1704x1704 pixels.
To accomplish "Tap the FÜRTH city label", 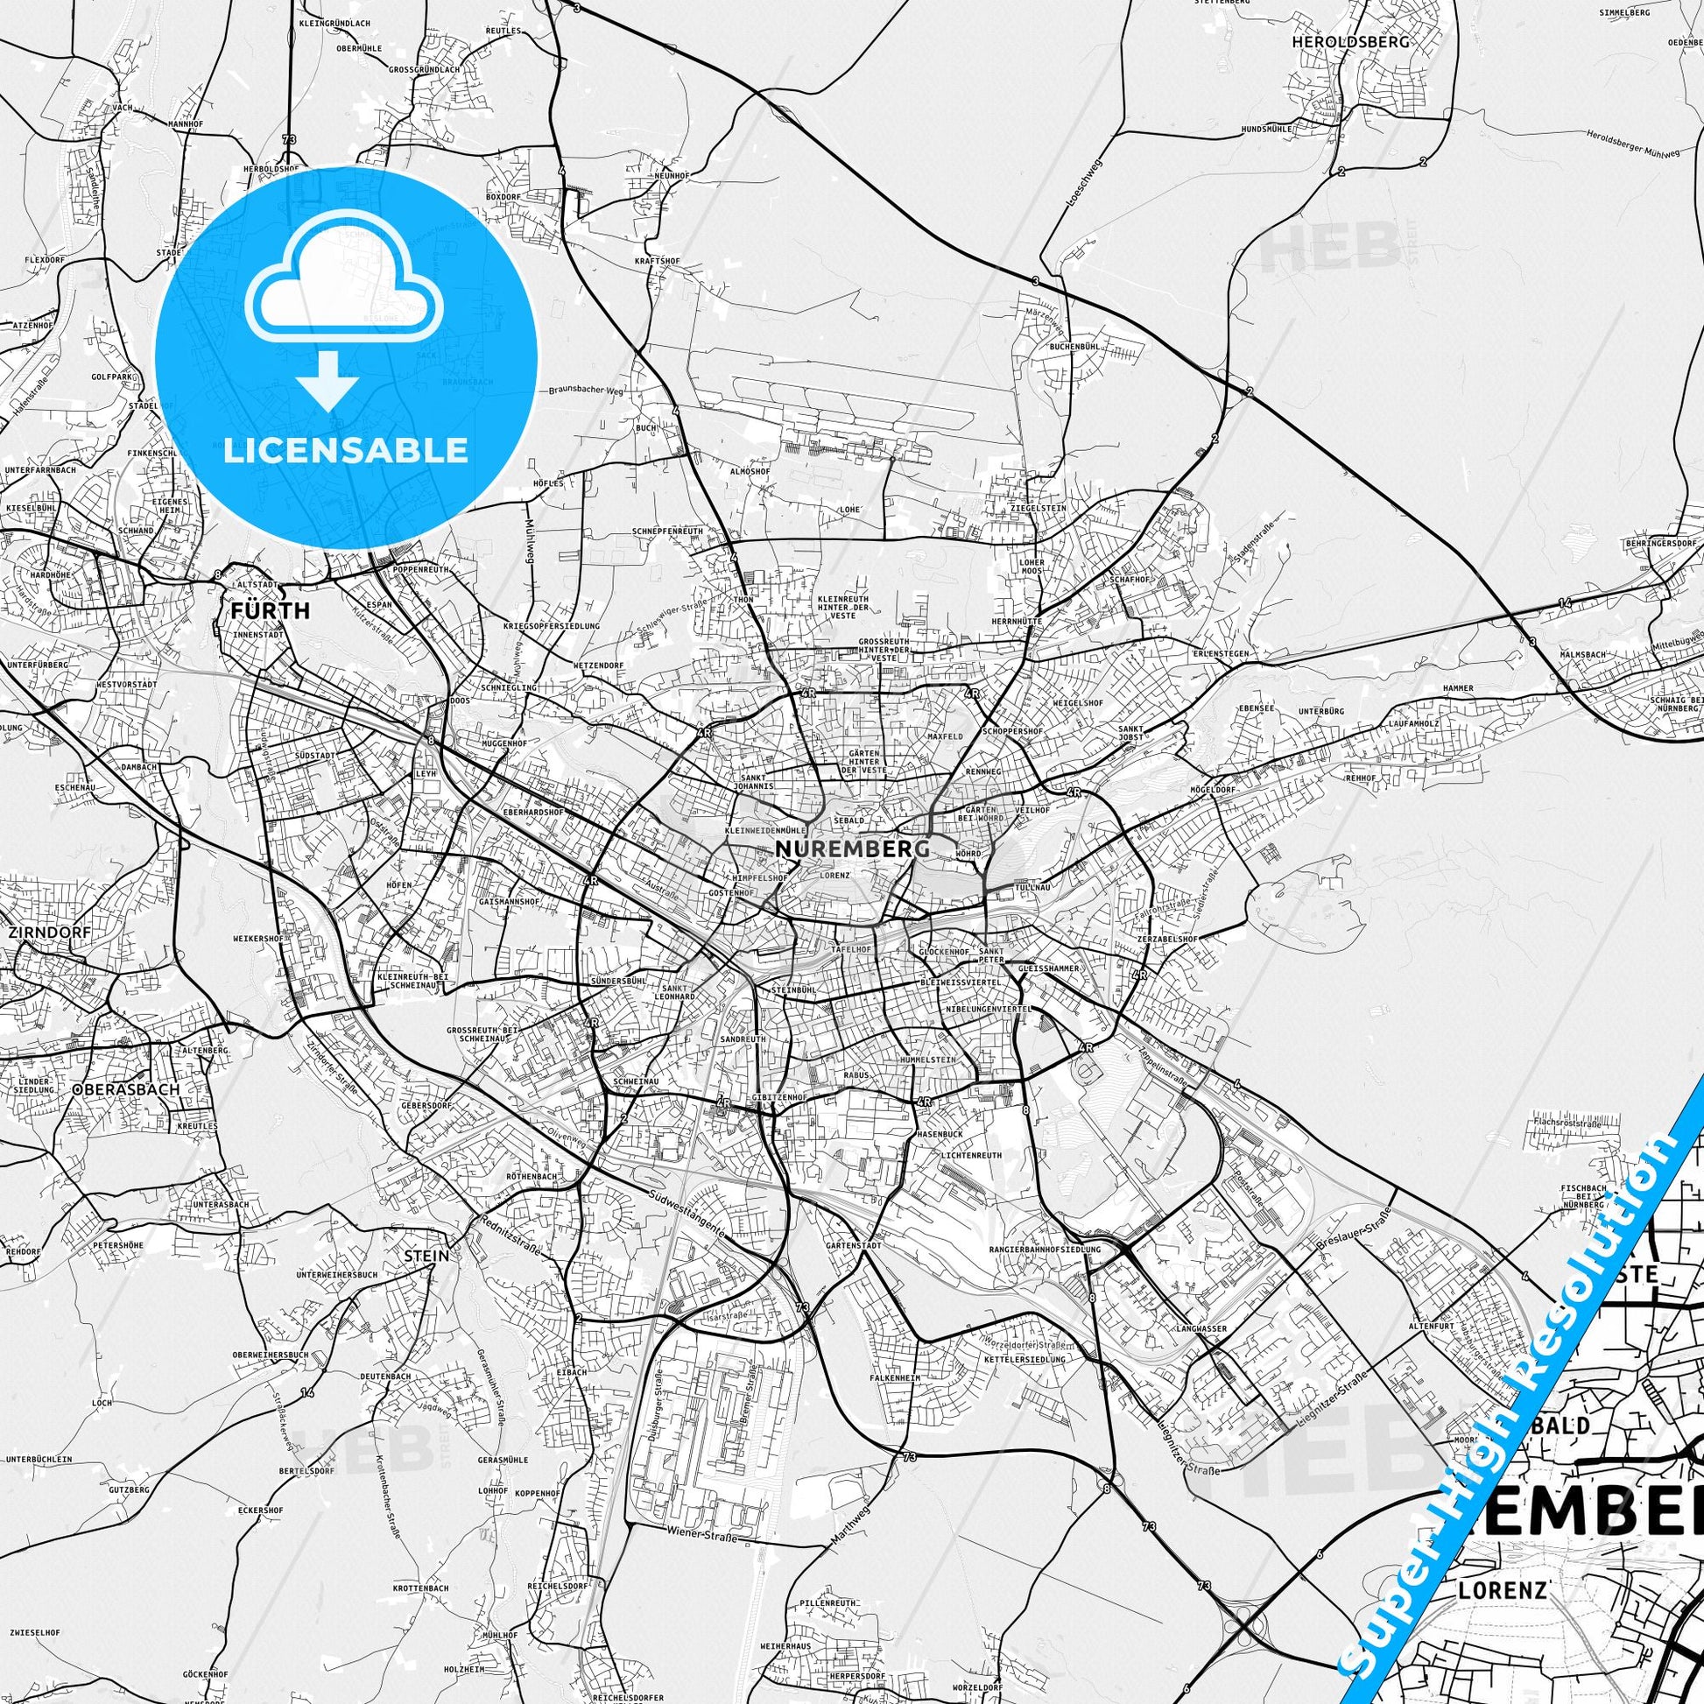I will click(270, 610).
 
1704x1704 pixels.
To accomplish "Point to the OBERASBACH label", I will click(127, 1089).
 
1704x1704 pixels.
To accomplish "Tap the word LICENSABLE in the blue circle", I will click(346, 450).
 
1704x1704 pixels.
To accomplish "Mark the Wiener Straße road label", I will click(701, 1537).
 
